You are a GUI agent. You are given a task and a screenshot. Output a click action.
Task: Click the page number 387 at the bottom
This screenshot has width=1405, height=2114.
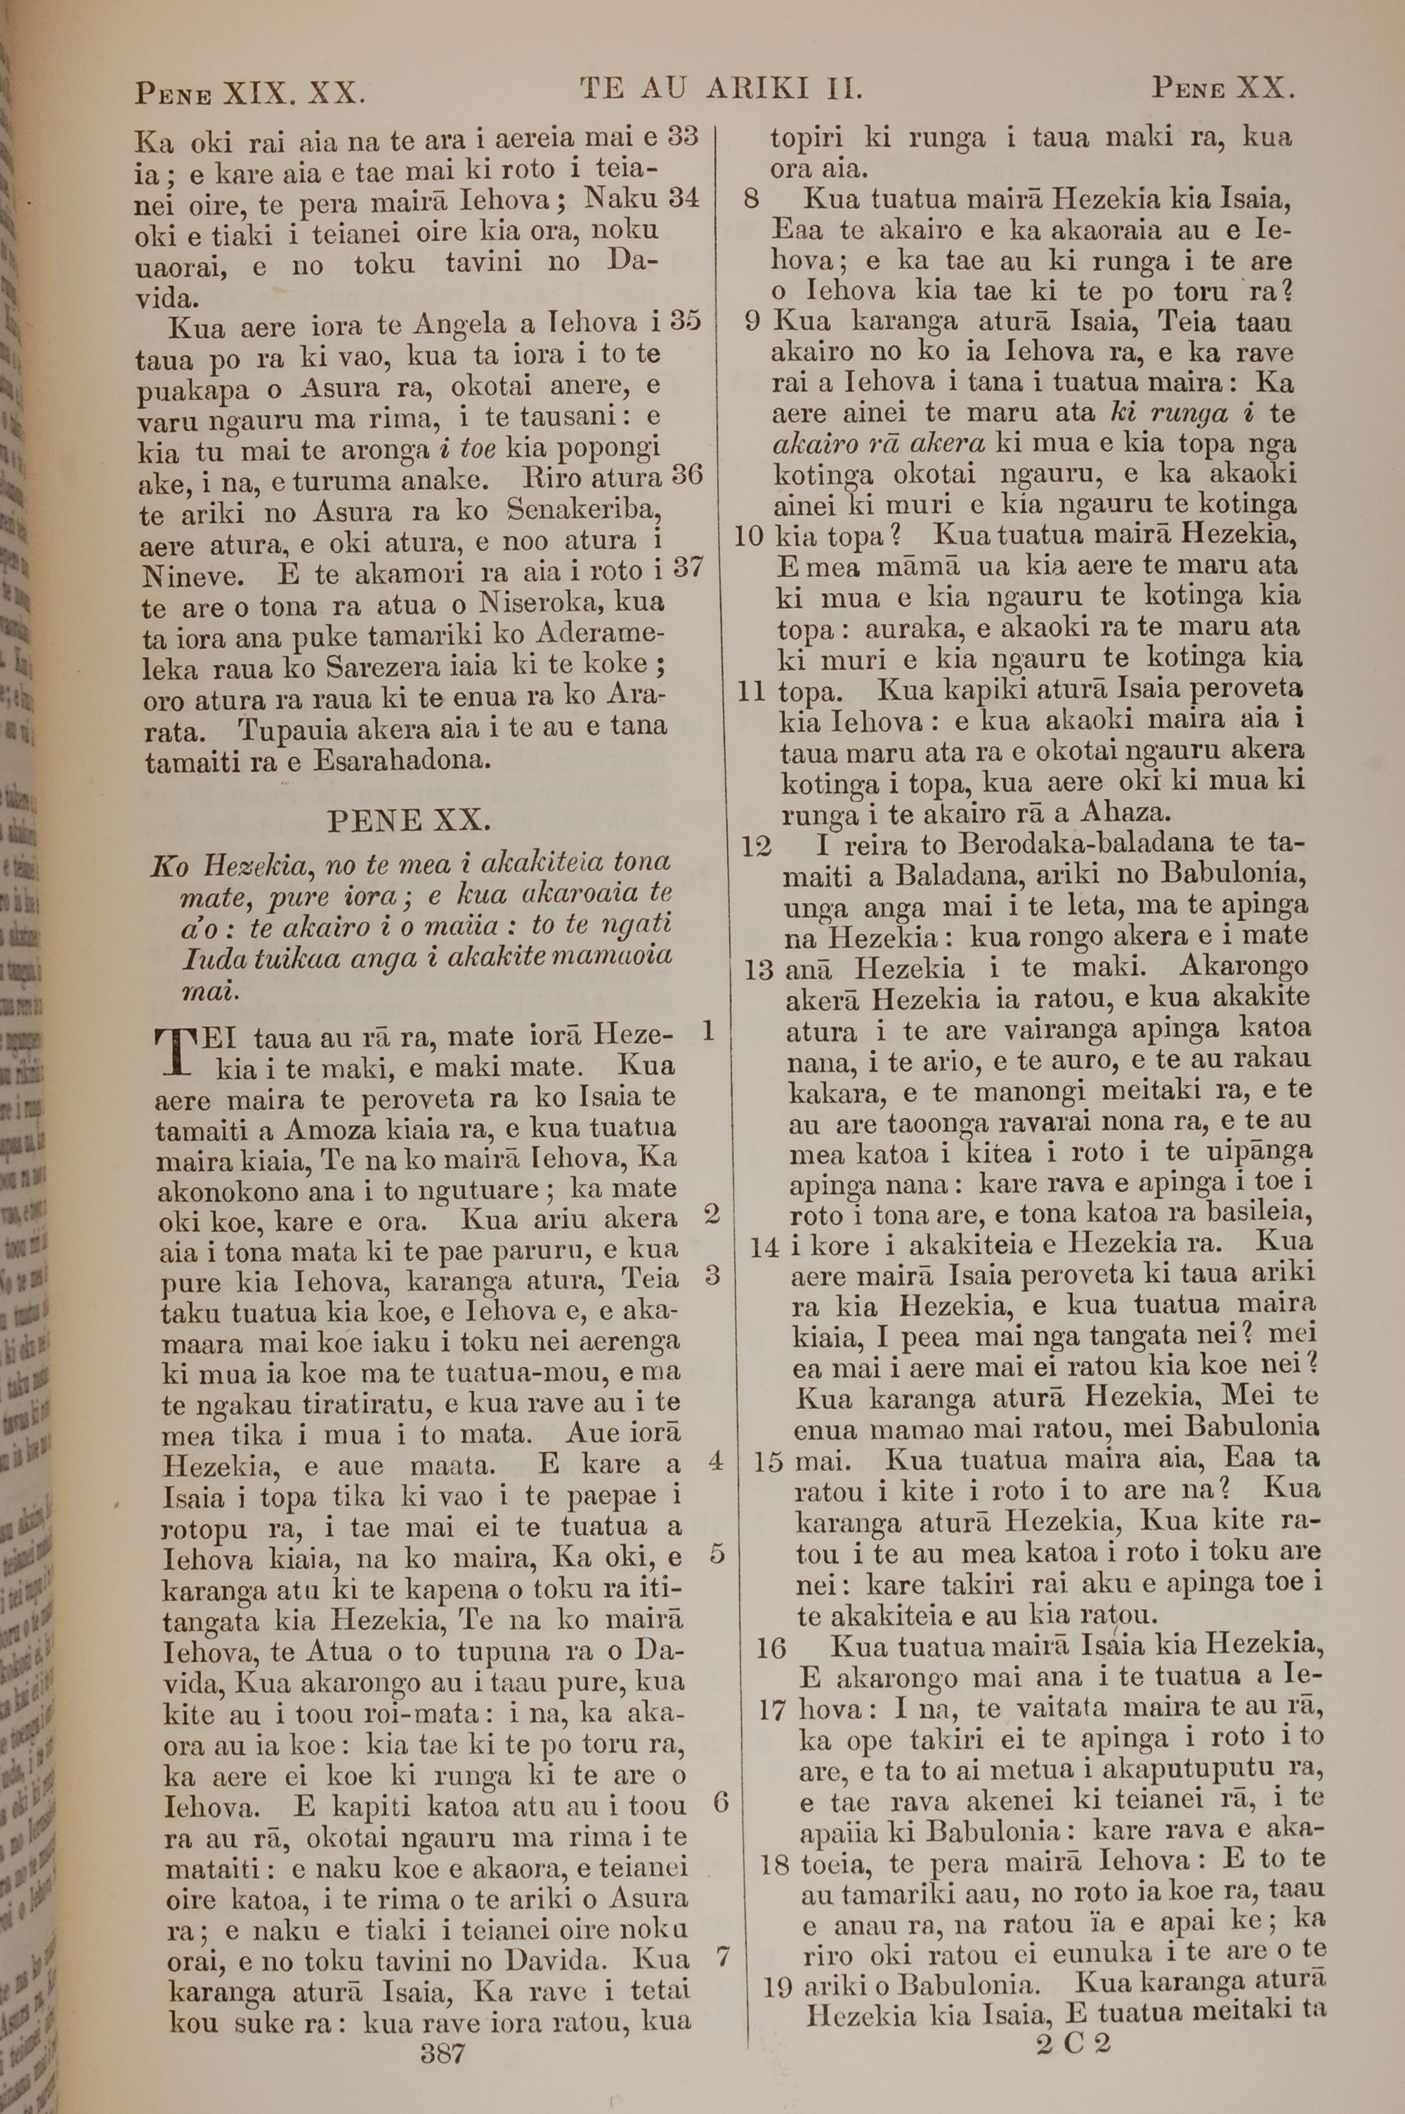coord(443,2027)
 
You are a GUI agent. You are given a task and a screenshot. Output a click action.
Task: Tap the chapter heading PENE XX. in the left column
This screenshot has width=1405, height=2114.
coord(409,820)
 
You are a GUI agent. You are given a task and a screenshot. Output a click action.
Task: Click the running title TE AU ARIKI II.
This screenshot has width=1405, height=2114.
coord(721,88)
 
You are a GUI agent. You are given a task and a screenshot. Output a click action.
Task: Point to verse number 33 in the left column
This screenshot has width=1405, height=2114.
coord(684,136)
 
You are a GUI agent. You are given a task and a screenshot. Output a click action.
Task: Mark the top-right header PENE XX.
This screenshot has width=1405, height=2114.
coord(1223,88)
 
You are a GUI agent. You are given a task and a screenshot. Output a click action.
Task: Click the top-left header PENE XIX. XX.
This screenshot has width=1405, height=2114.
coord(250,92)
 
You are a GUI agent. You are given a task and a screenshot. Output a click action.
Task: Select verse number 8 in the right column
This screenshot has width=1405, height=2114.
coord(752,198)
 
